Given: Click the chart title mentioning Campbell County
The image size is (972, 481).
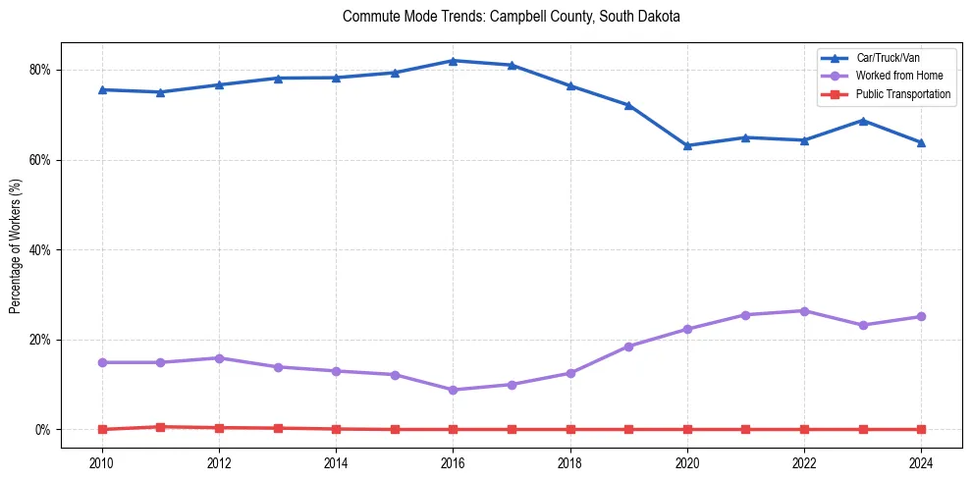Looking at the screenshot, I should coord(511,17).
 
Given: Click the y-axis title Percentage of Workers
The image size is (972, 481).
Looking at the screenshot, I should coord(16,245).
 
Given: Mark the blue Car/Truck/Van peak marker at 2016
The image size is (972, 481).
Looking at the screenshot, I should coord(453,61).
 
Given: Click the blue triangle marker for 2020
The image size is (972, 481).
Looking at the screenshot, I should coord(687,145).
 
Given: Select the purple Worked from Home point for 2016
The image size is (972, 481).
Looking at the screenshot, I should coord(453,390).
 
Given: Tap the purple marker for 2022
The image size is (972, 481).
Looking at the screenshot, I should coord(804,311).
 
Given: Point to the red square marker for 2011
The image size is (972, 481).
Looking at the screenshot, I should coord(160,427).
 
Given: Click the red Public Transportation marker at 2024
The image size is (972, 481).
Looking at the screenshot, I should coord(921,429).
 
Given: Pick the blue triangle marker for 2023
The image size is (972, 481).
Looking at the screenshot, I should coord(863,121).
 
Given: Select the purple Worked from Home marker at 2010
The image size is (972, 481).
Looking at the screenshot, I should coord(101,362).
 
